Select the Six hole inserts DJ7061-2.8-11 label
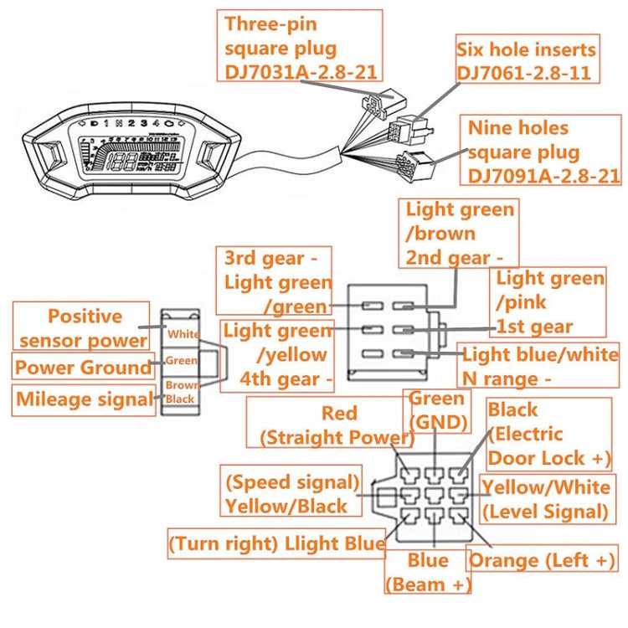(527, 59)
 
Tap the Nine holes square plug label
(543, 152)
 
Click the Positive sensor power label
(84, 327)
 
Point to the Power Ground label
(83, 368)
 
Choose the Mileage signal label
(84, 399)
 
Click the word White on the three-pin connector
(183, 334)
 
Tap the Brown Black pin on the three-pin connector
(180, 392)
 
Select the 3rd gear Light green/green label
(275, 281)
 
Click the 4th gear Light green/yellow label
(277, 355)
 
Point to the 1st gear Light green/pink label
(548, 301)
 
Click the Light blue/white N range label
(539, 366)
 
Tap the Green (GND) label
(436, 410)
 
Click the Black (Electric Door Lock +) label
(548, 434)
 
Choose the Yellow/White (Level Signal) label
(544, 499)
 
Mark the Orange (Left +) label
(542, 560)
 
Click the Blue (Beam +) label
(428, 572)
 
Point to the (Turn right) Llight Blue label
(277, 543)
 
